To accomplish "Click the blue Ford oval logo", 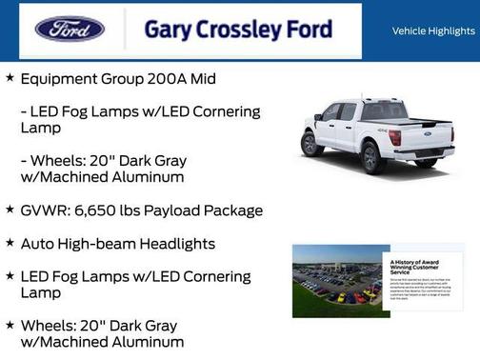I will [x=70, y=29].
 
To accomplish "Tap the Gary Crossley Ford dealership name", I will [x=238, y=30].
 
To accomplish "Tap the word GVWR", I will [x=46, y=210].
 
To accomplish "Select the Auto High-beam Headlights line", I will [x=118, y=244].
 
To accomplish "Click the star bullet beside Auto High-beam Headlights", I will [x=10, y=244].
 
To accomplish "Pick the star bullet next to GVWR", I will [x=10, y=210].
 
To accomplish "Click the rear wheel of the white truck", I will [x=374, y=157].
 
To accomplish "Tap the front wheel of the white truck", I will [x=311, y=144].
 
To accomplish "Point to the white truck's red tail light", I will [x=394, y=137].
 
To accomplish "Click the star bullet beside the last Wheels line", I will [x=10, y=325].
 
